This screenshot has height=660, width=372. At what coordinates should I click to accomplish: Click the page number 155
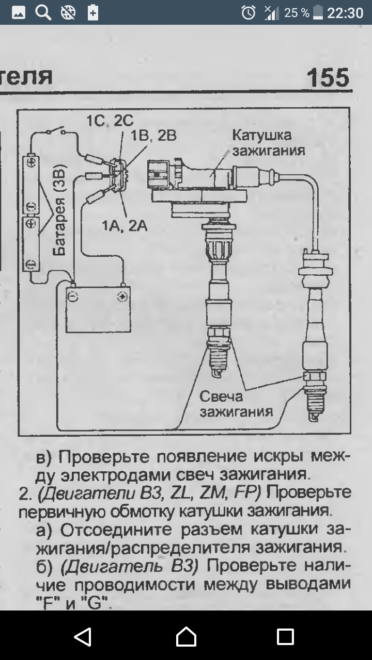328,78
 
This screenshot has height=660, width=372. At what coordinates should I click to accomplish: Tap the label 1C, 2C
110,121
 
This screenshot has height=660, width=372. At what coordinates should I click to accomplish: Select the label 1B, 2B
153,136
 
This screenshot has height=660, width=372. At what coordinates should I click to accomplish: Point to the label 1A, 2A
125,226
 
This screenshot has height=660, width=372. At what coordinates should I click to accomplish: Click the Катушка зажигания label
268,143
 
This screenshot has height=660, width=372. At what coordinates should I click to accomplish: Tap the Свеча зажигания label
236,404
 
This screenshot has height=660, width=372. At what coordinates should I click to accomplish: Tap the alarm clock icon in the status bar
249,12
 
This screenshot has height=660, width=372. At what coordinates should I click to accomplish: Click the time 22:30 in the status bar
345,13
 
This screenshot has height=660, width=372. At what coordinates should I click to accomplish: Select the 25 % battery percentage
297,13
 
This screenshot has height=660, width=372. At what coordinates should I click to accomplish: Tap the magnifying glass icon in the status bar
43,12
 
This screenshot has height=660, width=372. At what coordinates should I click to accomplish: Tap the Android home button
186,637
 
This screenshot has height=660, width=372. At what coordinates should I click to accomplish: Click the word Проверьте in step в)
102,457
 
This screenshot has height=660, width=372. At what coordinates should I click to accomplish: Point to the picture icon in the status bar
19,12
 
